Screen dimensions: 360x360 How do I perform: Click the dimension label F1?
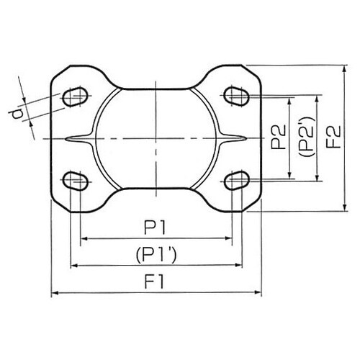pos(156,282)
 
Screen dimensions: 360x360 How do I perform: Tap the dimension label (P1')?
pos(156,255)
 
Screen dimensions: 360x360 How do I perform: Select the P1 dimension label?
pos(156,228)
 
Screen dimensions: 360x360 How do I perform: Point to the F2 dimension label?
pos(333,138)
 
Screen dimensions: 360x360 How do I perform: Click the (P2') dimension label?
pos(305,138)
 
